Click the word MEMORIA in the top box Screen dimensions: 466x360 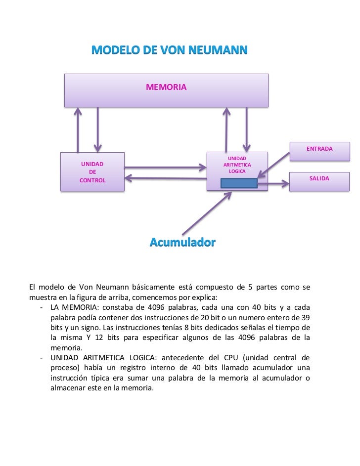[x=166, y=87]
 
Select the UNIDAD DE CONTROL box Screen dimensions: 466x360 [x=92, y=172]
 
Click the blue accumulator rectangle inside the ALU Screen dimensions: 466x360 [x=239, y=183]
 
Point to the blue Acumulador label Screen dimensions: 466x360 [x=182, y=243]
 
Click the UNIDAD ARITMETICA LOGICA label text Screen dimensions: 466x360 [x=237, y=165]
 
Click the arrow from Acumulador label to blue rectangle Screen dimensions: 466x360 [x=207, y=213]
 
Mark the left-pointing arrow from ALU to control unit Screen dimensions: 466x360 [x=165, y=178]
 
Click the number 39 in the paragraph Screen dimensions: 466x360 [x=306, y=317]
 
